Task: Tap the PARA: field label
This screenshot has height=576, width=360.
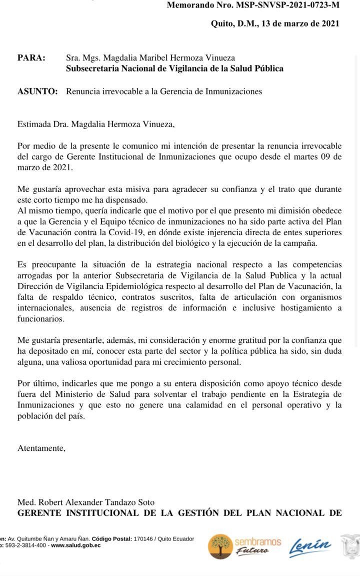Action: [31, 58]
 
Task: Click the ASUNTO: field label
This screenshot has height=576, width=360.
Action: [37, 92]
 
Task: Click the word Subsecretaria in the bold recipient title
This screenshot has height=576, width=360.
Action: [93, 69]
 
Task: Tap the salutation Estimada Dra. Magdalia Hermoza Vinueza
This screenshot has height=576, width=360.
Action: [96, 125]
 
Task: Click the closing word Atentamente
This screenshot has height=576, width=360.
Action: [41, 448]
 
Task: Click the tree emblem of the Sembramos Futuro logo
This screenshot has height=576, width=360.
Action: [219, 546]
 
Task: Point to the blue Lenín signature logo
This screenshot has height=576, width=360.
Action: [310, 546]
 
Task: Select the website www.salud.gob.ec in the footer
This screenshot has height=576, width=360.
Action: [75, 545]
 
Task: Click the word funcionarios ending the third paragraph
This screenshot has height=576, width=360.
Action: [40, 318]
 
